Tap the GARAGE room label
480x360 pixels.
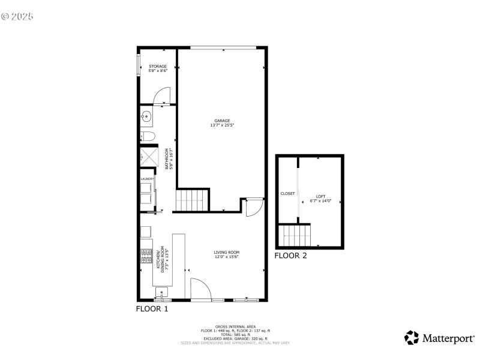click(x=222, y=123)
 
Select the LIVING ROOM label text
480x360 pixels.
click(x=227, y=254)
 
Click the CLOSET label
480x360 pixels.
click(x=287, y=194)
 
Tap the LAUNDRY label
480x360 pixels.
click(x=147, y=179)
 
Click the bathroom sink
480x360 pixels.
click(x=146, y=116)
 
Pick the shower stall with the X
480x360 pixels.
click(x=148, y=157)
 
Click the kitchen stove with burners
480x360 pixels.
click(x=146, y=257)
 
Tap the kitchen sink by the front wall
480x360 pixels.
click(x=161, y=293)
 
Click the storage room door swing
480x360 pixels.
click(x=162, y=96)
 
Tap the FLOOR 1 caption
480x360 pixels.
click(x=152, y=309)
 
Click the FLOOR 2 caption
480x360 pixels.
click(x=290, y=256)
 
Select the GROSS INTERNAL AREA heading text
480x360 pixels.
click(x=235, y=327)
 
